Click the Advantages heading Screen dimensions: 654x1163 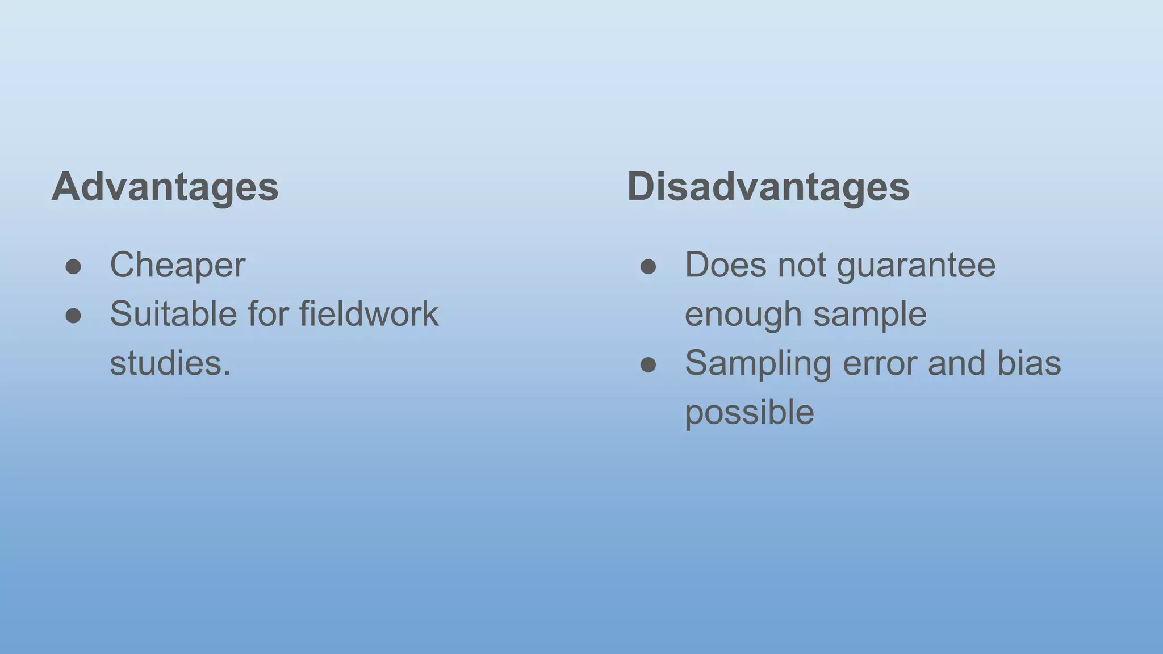click(165, 186)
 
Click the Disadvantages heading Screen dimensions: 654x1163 click(768, 186)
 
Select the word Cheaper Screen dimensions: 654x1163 click(177, 265)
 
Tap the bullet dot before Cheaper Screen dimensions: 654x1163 click(73, 266)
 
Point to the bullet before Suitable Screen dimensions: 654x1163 click(73, 316)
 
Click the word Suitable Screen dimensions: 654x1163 click(173, 314)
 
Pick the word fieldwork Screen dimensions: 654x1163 click(369, 314)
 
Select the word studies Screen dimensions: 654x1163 click(170, 363)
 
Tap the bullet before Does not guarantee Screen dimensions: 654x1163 click(649, 266)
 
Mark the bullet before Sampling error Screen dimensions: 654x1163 click(649, 364)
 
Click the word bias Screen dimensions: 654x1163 click(1029, 363)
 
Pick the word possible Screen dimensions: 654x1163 click(749, 413)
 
